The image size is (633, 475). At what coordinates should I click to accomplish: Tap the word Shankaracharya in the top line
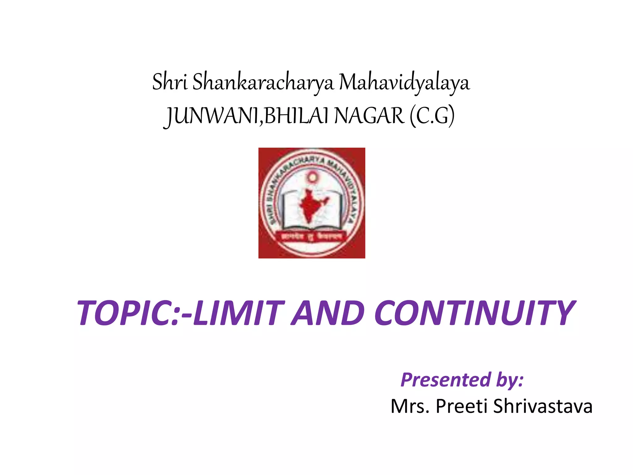click(263, 82)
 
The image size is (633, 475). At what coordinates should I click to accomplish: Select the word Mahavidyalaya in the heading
click(405, 83)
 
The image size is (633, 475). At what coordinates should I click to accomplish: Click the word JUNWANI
click(213, 116)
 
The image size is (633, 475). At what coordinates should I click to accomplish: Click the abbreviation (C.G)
click(432, 116)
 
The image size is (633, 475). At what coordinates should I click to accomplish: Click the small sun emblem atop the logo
click(312, 178)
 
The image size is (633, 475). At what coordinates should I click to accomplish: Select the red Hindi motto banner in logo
click(312, 237)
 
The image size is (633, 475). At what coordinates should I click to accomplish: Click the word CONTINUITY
click(474, 313)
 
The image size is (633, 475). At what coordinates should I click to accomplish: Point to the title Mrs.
click(410, 406)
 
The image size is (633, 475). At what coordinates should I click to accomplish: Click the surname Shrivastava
click(542, 406)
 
